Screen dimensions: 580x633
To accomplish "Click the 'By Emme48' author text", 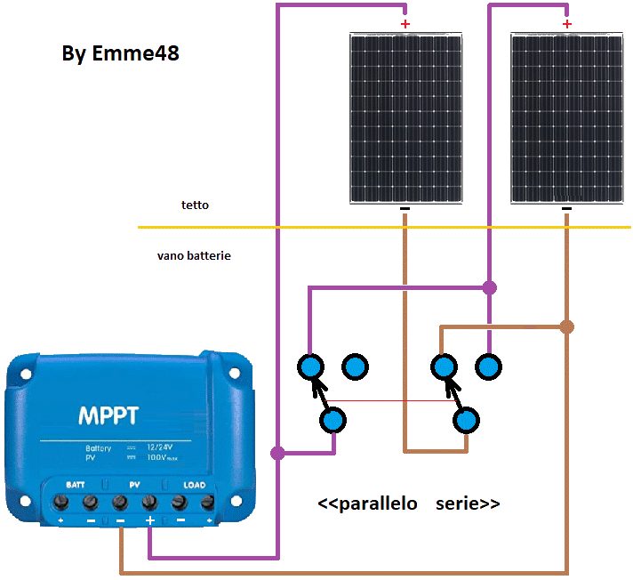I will [121, 53].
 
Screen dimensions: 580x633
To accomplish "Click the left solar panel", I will [405, 118].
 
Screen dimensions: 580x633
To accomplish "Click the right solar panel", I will [566, 118].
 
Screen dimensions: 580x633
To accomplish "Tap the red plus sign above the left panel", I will [405, 24].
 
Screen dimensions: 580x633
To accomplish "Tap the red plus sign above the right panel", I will [567, 24].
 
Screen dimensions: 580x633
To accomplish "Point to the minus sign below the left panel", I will [405, 210].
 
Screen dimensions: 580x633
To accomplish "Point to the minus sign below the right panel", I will [567, 210].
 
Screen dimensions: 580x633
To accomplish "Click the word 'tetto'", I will [196, 205].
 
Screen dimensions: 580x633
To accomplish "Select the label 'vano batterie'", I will [194, 255].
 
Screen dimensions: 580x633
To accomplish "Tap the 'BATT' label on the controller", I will [76, 485].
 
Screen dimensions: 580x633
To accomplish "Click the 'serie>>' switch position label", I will [468, 503].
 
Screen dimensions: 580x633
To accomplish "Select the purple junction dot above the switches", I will [489, 287].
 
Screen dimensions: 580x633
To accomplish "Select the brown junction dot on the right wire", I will [567, 326].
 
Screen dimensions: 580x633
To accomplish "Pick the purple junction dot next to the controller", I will [277, 454].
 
